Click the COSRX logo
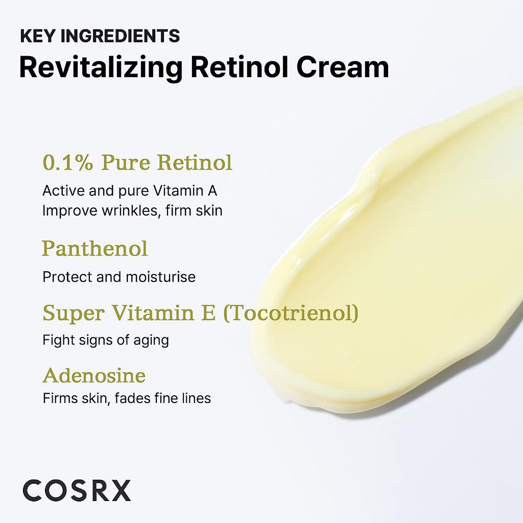pyautogui.click(x=77, y=490)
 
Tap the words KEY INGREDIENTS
pyautogui.click(x=100, y=36)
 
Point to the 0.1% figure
pyautogui.click(x=68, y=163)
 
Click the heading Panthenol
pyautogui.click(x=94, y=249)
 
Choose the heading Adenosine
pyautogui.click(x=94, y=375)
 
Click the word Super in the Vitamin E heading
pyautogui.click(x=74, y=313)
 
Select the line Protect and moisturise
pyautogui.click(x=119, y=277)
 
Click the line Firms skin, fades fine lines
pyautogui.click(x=127, y=398)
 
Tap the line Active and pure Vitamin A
pyautogui.click(x=130, y=191)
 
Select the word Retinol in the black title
pyautogui.click(x=240, y=67)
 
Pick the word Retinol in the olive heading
pyautogui.click(x=195, y=163)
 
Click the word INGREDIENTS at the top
pyautogui.click(x=120, y=36)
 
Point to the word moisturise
pyautogui.click(x=161, y=277)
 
